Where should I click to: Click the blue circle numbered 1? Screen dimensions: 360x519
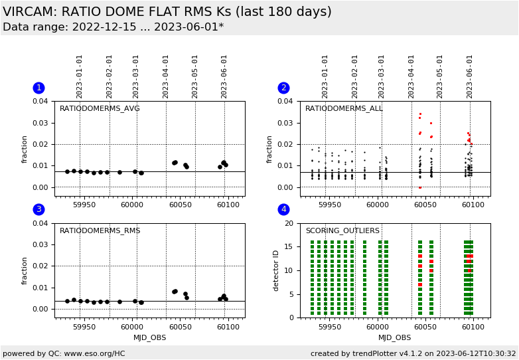coord(38,88)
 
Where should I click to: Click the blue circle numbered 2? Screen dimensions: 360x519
coord(283,88)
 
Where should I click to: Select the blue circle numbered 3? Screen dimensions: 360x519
coord(38,209)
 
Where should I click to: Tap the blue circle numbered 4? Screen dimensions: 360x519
coord(283,209)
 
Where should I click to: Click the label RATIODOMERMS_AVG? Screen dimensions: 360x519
coord(100,109)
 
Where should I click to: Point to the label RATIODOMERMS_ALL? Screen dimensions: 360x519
coord(344,109)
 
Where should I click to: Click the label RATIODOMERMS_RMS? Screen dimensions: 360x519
coord(100,231)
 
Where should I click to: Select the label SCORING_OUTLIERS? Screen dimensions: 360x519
coord(342,231)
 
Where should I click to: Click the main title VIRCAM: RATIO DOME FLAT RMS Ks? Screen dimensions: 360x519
coord(167,12)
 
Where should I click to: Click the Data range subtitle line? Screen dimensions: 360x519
coord(113,27)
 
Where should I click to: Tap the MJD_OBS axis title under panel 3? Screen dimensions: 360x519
coord(149,337)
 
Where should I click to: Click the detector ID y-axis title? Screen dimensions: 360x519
coord(277,270)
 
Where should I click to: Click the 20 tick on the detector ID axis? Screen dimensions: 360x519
coord(288,224)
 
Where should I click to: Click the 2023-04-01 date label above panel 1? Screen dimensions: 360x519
coord(166,76)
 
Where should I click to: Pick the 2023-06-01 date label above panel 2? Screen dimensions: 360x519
coord(470,76)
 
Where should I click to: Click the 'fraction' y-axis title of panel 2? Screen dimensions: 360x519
coord(270,149)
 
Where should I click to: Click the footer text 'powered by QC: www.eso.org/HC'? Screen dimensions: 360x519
coord(64,353)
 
